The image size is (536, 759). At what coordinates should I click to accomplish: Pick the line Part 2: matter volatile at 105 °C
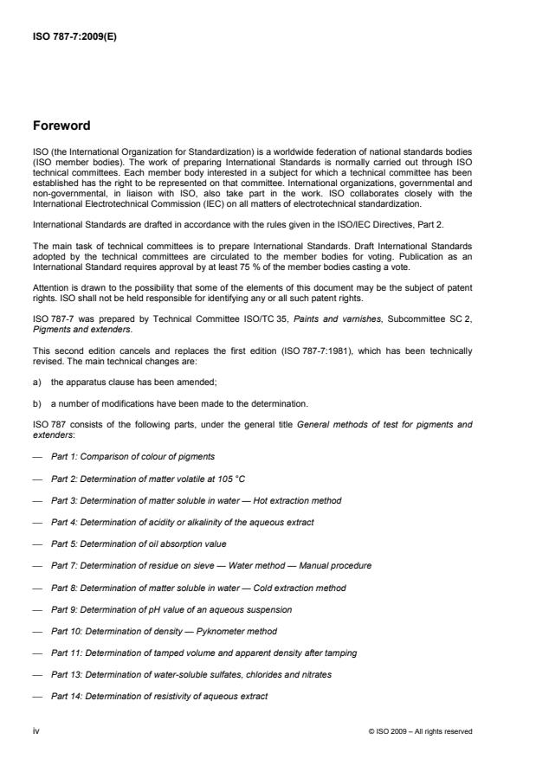tap(138, 478)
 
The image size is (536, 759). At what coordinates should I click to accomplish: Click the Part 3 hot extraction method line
tap(196, 499)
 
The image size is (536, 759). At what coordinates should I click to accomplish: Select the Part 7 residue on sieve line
tap(210, 565)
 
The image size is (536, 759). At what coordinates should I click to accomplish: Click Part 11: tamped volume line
tap(203, 653)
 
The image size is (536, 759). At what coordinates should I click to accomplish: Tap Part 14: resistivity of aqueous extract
tap(171, 697)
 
